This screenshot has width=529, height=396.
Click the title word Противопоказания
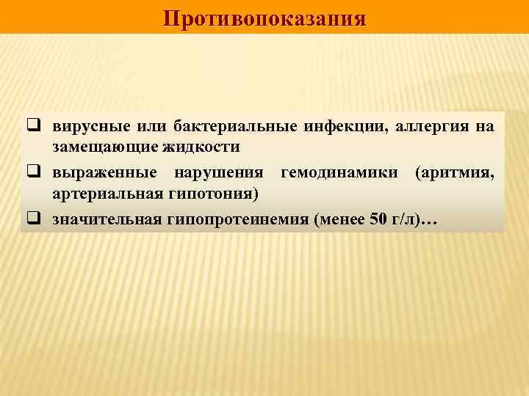click(264, 18)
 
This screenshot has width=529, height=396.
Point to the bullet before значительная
click(33, 219)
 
